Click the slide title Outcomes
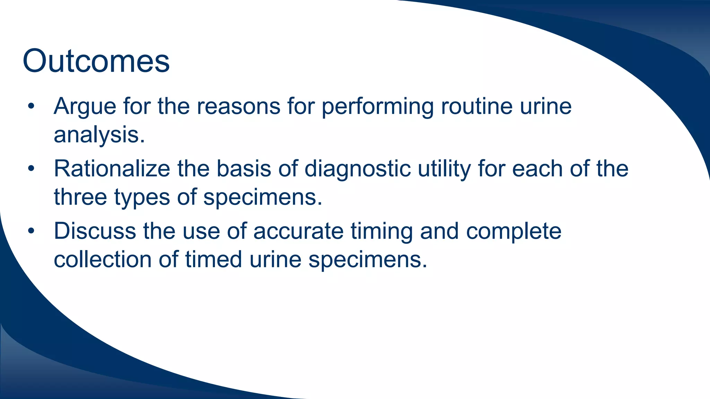pos(96,61)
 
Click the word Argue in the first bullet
pos(85,106)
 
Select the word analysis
pos(99,135)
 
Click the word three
pos(80,197)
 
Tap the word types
pos(142,197)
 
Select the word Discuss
pos(95,231)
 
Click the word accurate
pos(298,231)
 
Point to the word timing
pos(381,232)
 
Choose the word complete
pos(513,232)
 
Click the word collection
pos(103,259)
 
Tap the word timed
pos(213,259)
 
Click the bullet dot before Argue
pos(31,107)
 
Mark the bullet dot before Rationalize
pos(31,169)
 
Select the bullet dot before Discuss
pos(31,231)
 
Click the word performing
pos(377,107)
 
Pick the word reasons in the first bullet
pos(239,107)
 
